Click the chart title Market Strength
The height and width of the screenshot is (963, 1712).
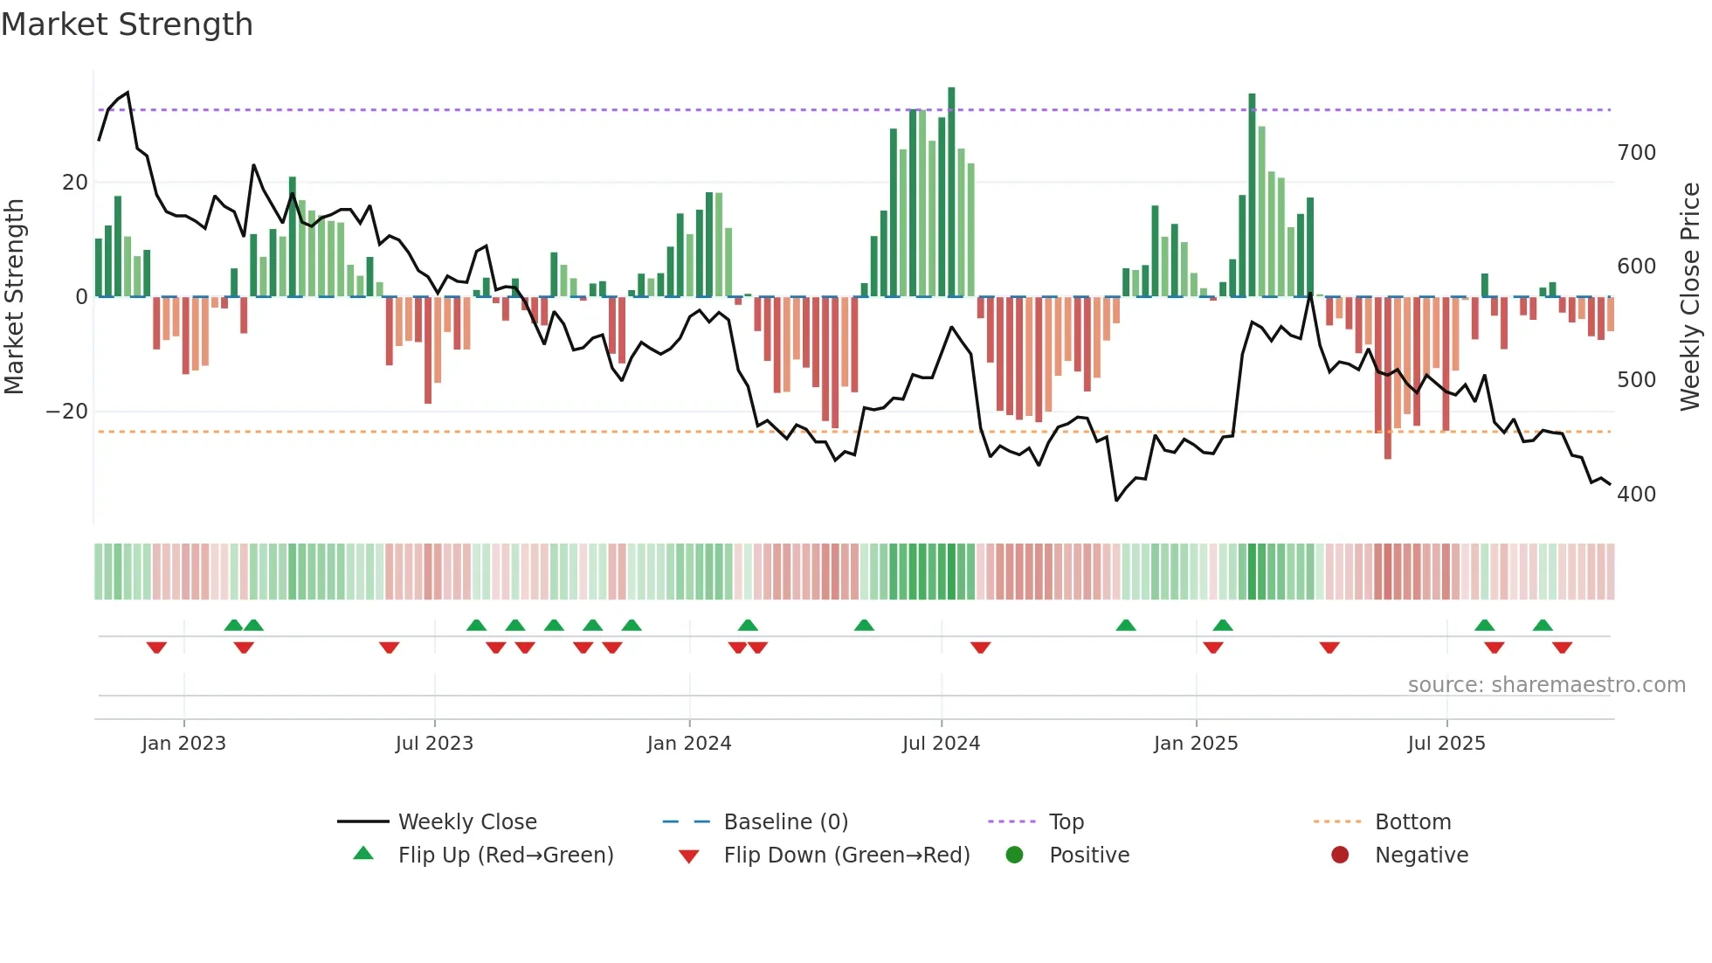[127, 24]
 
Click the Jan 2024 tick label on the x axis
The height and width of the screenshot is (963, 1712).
[689, 744]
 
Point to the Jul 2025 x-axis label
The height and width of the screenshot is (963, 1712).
[1446, 744]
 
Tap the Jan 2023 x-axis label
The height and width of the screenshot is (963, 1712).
[183, 744]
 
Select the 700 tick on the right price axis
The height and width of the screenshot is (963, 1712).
[1636, 153]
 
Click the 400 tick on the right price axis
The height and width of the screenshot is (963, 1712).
[1636, 495]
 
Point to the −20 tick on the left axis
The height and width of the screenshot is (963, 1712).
[67, 412]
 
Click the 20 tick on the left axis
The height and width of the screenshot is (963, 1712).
[75, 183]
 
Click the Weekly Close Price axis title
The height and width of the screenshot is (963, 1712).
[1690, 297]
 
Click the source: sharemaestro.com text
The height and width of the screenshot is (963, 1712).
[1546, 685]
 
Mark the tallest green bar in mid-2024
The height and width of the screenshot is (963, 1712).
[951, 192]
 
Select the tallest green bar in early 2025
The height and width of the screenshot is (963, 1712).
[1252, 194]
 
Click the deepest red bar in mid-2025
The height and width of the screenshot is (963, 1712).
[1387, 378]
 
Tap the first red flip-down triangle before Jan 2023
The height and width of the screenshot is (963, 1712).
[156, 647]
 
